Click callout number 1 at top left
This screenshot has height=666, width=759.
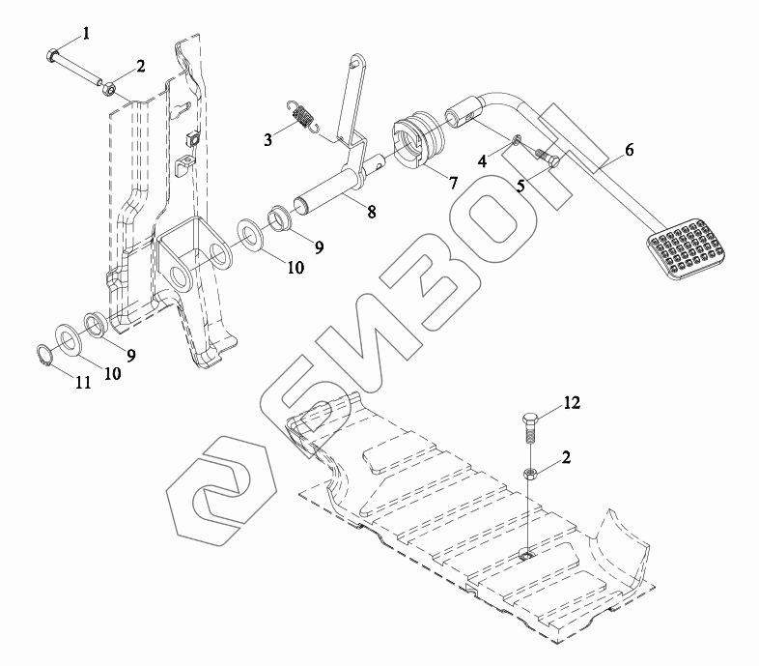coord(86,34)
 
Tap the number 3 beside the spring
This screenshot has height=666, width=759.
coord(268,140)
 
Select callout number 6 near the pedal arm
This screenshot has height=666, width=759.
coord(629,150)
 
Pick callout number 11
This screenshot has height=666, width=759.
coord(83,383)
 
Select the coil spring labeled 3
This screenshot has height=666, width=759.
coord(305,118)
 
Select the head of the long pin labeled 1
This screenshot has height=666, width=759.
coord(53,52)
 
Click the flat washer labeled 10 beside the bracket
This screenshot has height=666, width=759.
coord(253,233)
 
